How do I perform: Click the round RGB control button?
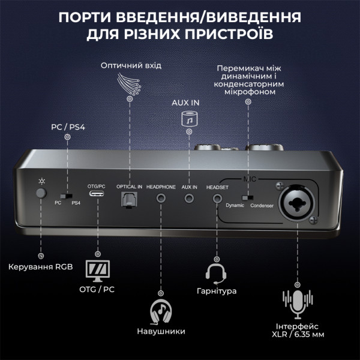point(41,193)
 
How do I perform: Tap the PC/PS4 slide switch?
point(67,196)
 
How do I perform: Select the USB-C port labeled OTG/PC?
point(97,193)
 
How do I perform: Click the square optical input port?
point(129,199)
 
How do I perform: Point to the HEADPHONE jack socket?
point(161,198)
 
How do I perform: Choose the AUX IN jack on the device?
point(189,198)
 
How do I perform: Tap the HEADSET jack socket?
point(217,199)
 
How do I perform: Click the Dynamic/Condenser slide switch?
point(248,197)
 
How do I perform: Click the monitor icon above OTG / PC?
point(98,271)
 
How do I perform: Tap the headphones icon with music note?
point(161,311)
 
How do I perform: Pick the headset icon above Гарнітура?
point(216,274)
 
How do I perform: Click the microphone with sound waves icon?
point(298,304)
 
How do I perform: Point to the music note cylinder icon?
point(190,119)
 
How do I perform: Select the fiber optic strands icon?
point(129,84)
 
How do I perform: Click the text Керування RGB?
point(41,267)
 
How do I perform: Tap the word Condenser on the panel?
point(262,205)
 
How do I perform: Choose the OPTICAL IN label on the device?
point(129,187)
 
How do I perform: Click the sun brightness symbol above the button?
point(41,181)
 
